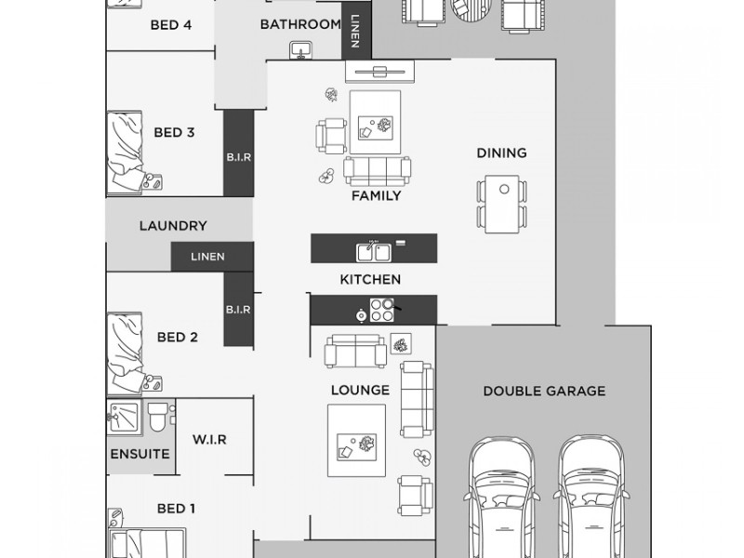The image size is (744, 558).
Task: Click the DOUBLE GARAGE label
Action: pyautogui.click(x=543, y=391)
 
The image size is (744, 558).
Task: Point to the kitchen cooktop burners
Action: pyautogui.click(x=382, y=310)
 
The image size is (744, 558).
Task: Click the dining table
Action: pyautogui.click(x=502, y=205)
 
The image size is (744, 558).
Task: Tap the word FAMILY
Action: pyautogui.click(x=376, y=196)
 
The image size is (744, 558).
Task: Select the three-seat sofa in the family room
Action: pyautogui.click(x=377, y=169)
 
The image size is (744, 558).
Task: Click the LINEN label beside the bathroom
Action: pyautogui.click(x=356, y=29)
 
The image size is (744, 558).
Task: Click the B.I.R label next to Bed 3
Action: pyautogui.click(x=237, y=158)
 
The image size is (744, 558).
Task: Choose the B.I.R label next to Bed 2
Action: pyautogui.click(x=237, y=309)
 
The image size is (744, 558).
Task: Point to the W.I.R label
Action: pyautogui.click(x=209, y=439)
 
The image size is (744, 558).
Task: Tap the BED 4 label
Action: pyautogui.click(x=171, y=25)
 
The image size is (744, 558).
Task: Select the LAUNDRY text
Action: pyautogui.click(x=172, y=226)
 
